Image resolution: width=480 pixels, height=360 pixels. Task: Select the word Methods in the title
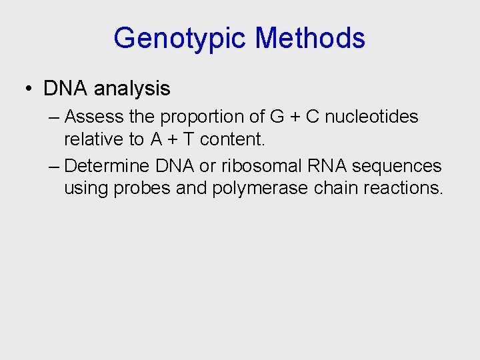[310, 38]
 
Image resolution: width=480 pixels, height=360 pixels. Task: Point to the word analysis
[133, 88]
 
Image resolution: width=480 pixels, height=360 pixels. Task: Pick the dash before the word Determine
[54, 165]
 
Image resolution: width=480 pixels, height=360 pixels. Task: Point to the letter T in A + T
[188, 139]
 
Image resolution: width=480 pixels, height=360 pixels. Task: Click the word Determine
[107, 165]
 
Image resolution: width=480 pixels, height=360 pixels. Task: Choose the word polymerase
[260, 189]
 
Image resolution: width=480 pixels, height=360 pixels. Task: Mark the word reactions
[403, 188]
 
